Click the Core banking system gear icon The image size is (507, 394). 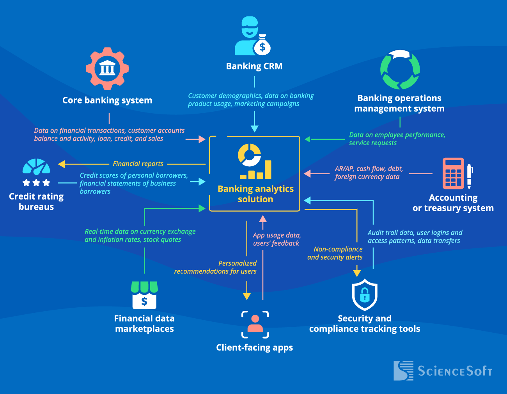(107, 69)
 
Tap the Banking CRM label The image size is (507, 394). (254, 66)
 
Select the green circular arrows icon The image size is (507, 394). (400, 70)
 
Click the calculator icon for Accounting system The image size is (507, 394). (453, 173)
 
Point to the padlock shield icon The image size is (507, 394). (364, 295)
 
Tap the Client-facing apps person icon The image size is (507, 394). (255, 324)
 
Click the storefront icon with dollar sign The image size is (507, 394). (144, 295)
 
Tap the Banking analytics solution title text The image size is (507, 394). (255, 194)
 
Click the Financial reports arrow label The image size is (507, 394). (138, 164)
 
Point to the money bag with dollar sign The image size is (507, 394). (262, 46)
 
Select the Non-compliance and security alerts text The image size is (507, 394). (335, 253)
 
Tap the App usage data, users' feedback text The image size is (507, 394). (277, 239)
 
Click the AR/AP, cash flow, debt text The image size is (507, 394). (368, 173)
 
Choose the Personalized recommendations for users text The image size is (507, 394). (215, 267)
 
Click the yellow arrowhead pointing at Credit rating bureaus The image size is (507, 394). (61, 164)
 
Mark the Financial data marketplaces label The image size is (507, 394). (144, 324)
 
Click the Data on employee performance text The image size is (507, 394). (397, 139)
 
